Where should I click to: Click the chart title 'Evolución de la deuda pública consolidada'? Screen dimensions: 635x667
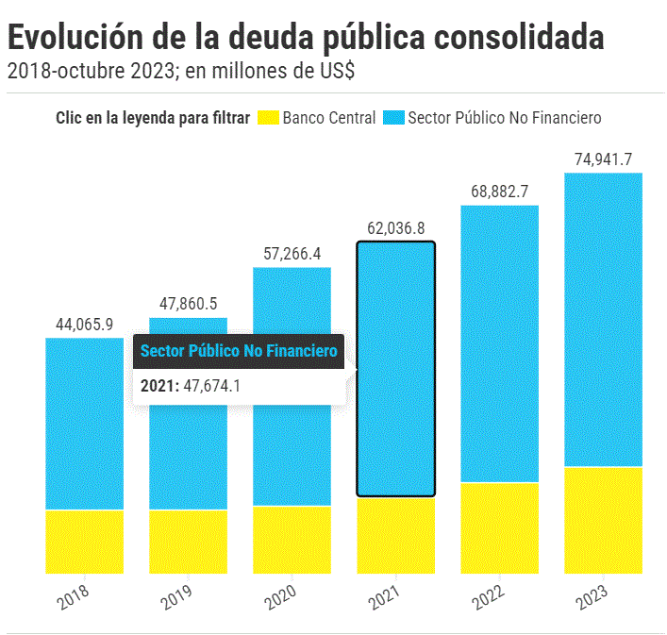306,37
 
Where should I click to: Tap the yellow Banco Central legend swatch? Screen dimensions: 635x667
268,118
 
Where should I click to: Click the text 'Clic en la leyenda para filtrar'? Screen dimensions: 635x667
153,118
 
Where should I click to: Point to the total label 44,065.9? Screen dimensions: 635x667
85,325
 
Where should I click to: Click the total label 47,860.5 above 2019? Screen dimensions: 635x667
189,304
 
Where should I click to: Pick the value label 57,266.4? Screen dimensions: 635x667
292,254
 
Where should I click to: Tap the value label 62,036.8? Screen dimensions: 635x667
395,228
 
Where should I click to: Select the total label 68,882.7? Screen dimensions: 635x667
499,192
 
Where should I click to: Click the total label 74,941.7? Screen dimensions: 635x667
603,159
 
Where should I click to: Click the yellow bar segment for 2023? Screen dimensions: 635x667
603,520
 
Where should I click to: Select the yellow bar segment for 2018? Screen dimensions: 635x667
85,542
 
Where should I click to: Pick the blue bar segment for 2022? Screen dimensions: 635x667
499,343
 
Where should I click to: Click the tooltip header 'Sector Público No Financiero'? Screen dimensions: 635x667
238,351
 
